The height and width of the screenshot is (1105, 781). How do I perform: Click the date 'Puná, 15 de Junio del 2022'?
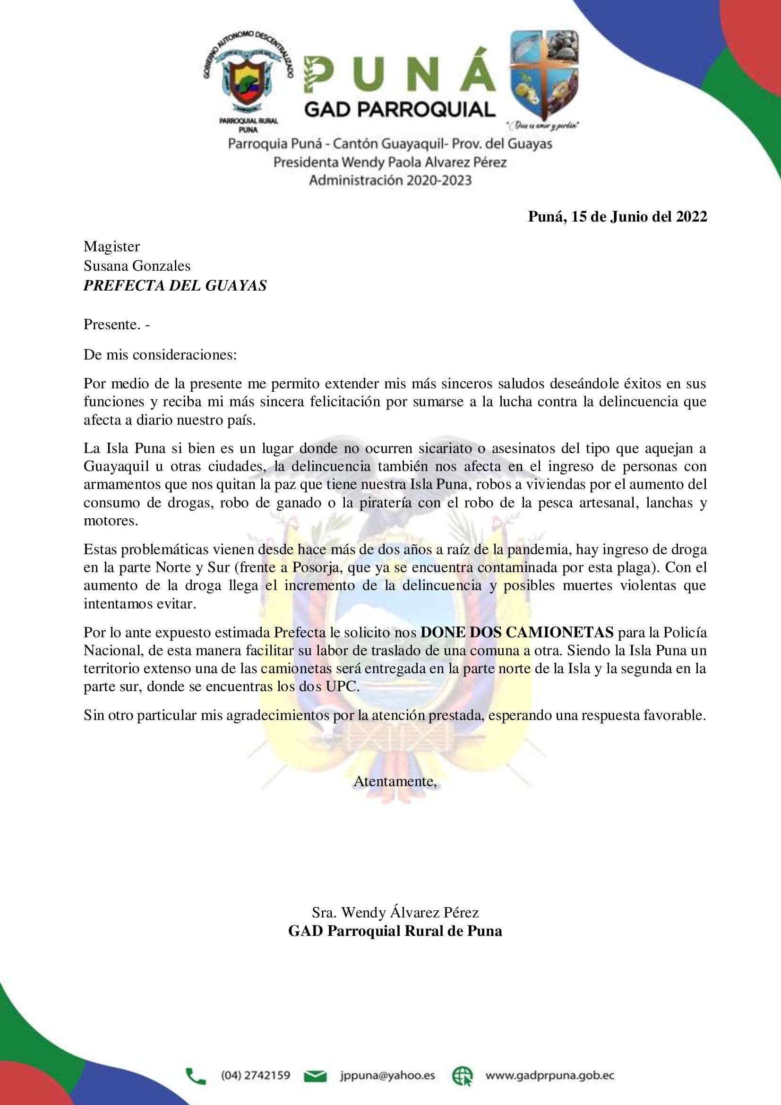[618, 217]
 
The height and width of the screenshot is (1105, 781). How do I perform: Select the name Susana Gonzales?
[137, 266]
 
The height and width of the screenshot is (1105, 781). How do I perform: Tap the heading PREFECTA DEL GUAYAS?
[175, 285]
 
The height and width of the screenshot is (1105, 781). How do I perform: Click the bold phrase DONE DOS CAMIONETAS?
[517, 632]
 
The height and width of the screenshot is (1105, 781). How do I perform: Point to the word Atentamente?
[395, 781]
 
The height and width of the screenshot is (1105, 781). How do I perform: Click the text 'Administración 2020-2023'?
[390, 180]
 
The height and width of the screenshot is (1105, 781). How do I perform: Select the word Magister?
[112, 247]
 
